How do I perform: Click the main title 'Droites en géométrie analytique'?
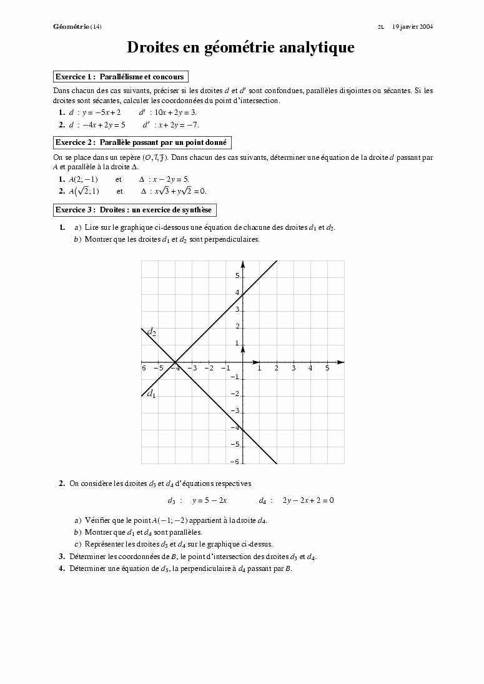tap(241, 47)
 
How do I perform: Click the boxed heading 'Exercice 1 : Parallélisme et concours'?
tap(121, 77)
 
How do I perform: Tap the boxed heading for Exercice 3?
tap(134, 210)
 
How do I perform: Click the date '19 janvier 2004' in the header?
tap(412, 27)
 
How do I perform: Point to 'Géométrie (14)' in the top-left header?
tap(77, 27)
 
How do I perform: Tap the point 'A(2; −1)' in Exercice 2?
tap(83, 179)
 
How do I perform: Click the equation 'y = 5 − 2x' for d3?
tap(209, 500)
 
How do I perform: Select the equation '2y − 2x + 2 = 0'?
tap(308, 500)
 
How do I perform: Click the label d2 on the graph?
tap(151, 332)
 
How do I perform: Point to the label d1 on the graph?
tap(151, 394)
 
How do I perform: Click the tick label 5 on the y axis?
tap(237, 275)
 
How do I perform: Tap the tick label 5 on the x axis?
tap(327, 369)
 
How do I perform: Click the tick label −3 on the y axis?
tap(235, 411)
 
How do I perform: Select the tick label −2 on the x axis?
tap(209, 369)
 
